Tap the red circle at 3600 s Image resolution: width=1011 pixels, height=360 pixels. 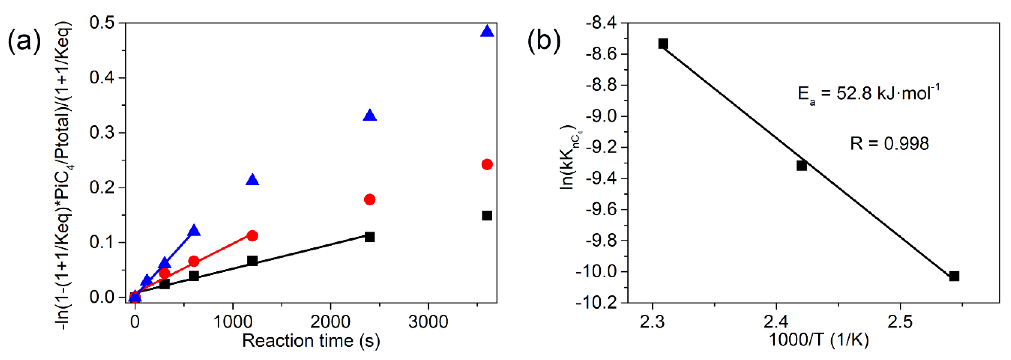[487, 164]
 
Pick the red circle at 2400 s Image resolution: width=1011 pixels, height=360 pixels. [369, 199]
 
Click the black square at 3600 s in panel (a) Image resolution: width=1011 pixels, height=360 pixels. [487, 216]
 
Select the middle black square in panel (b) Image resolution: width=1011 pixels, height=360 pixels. [801, 166]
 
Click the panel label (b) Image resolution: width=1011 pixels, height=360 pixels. [544, 41]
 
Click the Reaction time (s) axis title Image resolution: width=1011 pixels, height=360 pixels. [311, 341]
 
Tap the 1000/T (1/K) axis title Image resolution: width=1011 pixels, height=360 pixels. [818, 340]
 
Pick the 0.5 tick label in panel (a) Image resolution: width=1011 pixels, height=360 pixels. [102, 23]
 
